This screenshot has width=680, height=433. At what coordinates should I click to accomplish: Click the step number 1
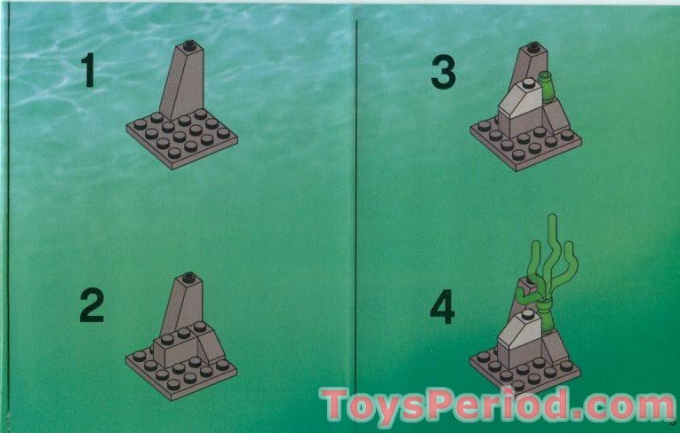88,70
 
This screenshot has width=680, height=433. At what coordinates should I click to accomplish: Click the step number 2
92,306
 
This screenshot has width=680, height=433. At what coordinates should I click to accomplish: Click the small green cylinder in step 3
549,86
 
